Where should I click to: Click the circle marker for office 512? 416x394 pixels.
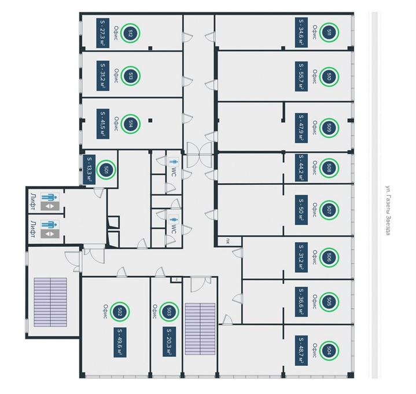click(x=130, y=33)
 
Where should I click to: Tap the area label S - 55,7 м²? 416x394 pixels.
click(x=301, y=76)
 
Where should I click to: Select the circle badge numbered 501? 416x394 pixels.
click(x=106, y=170)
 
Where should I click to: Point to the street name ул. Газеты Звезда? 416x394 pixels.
click(x=388, y=210)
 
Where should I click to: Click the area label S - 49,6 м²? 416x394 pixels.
click(x=120, y=342)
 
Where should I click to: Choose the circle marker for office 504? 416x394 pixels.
click(x=329, y=350)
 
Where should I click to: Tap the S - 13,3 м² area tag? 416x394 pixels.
click(x=90, y=170)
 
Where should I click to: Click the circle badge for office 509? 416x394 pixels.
click(x=329, y=128)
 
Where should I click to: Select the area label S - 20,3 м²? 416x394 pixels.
click(x=170, y=342)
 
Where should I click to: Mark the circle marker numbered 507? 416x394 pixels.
click(x=329, y=210)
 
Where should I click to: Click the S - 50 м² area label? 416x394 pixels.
click(x=301, y=210)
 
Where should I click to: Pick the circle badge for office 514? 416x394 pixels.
click(x=130, y=124)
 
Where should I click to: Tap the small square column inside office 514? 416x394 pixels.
click(x=150, y=121)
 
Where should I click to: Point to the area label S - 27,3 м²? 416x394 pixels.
click(x=102, y=32)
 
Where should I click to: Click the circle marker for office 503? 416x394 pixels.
click(x=169, y=311)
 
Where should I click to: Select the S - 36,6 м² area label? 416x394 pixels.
click(x=301, y=302)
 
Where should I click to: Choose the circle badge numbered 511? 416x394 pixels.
click(x=329, y=32)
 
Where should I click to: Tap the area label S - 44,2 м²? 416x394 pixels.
click(x=301, y=168)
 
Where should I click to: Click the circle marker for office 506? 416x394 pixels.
click(x=329, y=257)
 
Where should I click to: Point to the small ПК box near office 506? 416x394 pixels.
click(x=228, y=241)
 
